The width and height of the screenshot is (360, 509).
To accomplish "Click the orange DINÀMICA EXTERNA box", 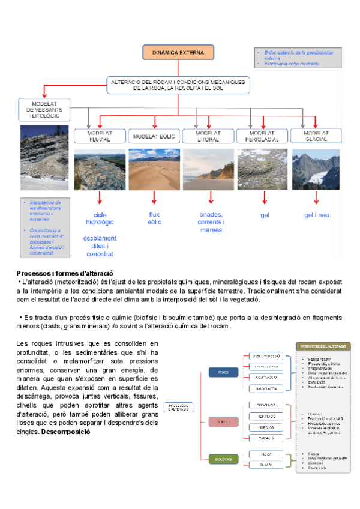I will coord(179,53).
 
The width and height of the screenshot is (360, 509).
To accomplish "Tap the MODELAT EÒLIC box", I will coord(154,136).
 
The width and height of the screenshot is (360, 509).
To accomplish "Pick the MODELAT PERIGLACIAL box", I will coord(262,136).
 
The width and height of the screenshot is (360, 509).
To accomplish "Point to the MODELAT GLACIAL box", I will coord(316,136).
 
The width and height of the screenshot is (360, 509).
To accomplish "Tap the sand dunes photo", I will coord(154,169).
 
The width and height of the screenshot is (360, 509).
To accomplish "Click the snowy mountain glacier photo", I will coord(316,169).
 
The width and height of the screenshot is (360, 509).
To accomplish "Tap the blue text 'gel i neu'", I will coord(317,215).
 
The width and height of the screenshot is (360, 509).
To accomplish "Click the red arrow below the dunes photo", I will coord(154,197).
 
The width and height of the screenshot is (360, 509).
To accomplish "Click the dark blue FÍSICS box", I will coord(206,373).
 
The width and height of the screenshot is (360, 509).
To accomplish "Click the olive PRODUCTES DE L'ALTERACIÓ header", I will coord(323,347).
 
